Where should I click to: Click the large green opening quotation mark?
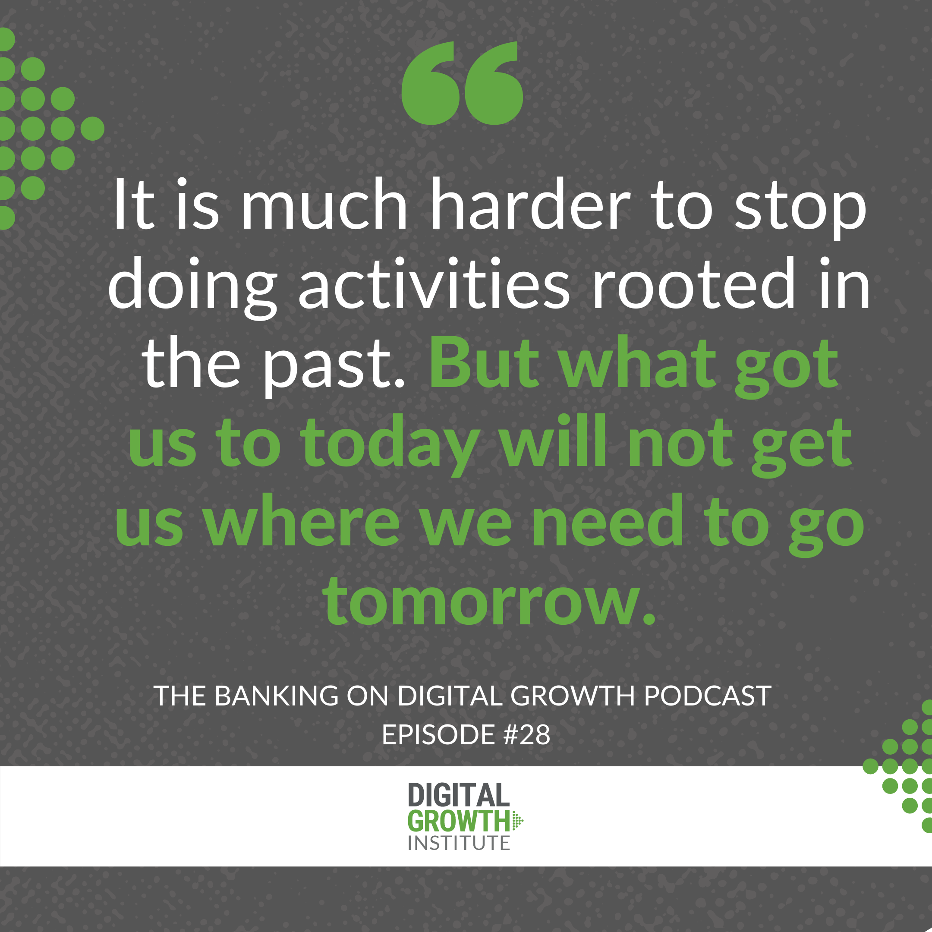(462, 83)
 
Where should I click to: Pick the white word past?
(333, 367)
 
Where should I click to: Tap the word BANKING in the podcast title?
(277, 696)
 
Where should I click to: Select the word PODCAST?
(707, 696)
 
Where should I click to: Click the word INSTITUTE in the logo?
(459, 843)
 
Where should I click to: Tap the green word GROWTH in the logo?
(459, 821)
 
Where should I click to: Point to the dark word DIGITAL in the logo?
(459, 795)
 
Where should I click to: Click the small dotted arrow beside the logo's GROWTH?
(518, 821)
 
